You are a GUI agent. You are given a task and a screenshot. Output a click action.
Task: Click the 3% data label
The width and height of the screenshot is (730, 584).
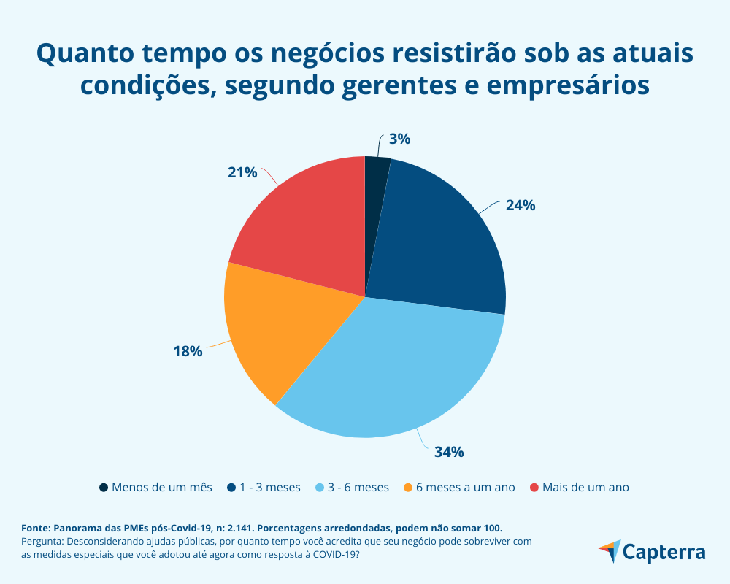coord(399,139)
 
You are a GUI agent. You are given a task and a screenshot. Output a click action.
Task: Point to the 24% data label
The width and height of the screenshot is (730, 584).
coord(520,205)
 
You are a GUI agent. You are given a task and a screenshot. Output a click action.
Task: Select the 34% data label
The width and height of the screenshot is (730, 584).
coord(449,452)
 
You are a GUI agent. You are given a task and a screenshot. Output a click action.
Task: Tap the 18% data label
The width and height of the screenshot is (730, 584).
coord(188,351)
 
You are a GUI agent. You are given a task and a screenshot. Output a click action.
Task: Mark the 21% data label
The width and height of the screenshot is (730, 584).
coord(242,172)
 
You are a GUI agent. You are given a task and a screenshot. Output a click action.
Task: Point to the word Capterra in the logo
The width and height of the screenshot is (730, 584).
coord(665,552)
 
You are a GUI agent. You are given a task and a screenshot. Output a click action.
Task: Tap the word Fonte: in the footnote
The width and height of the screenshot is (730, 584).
coord(36,527)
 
